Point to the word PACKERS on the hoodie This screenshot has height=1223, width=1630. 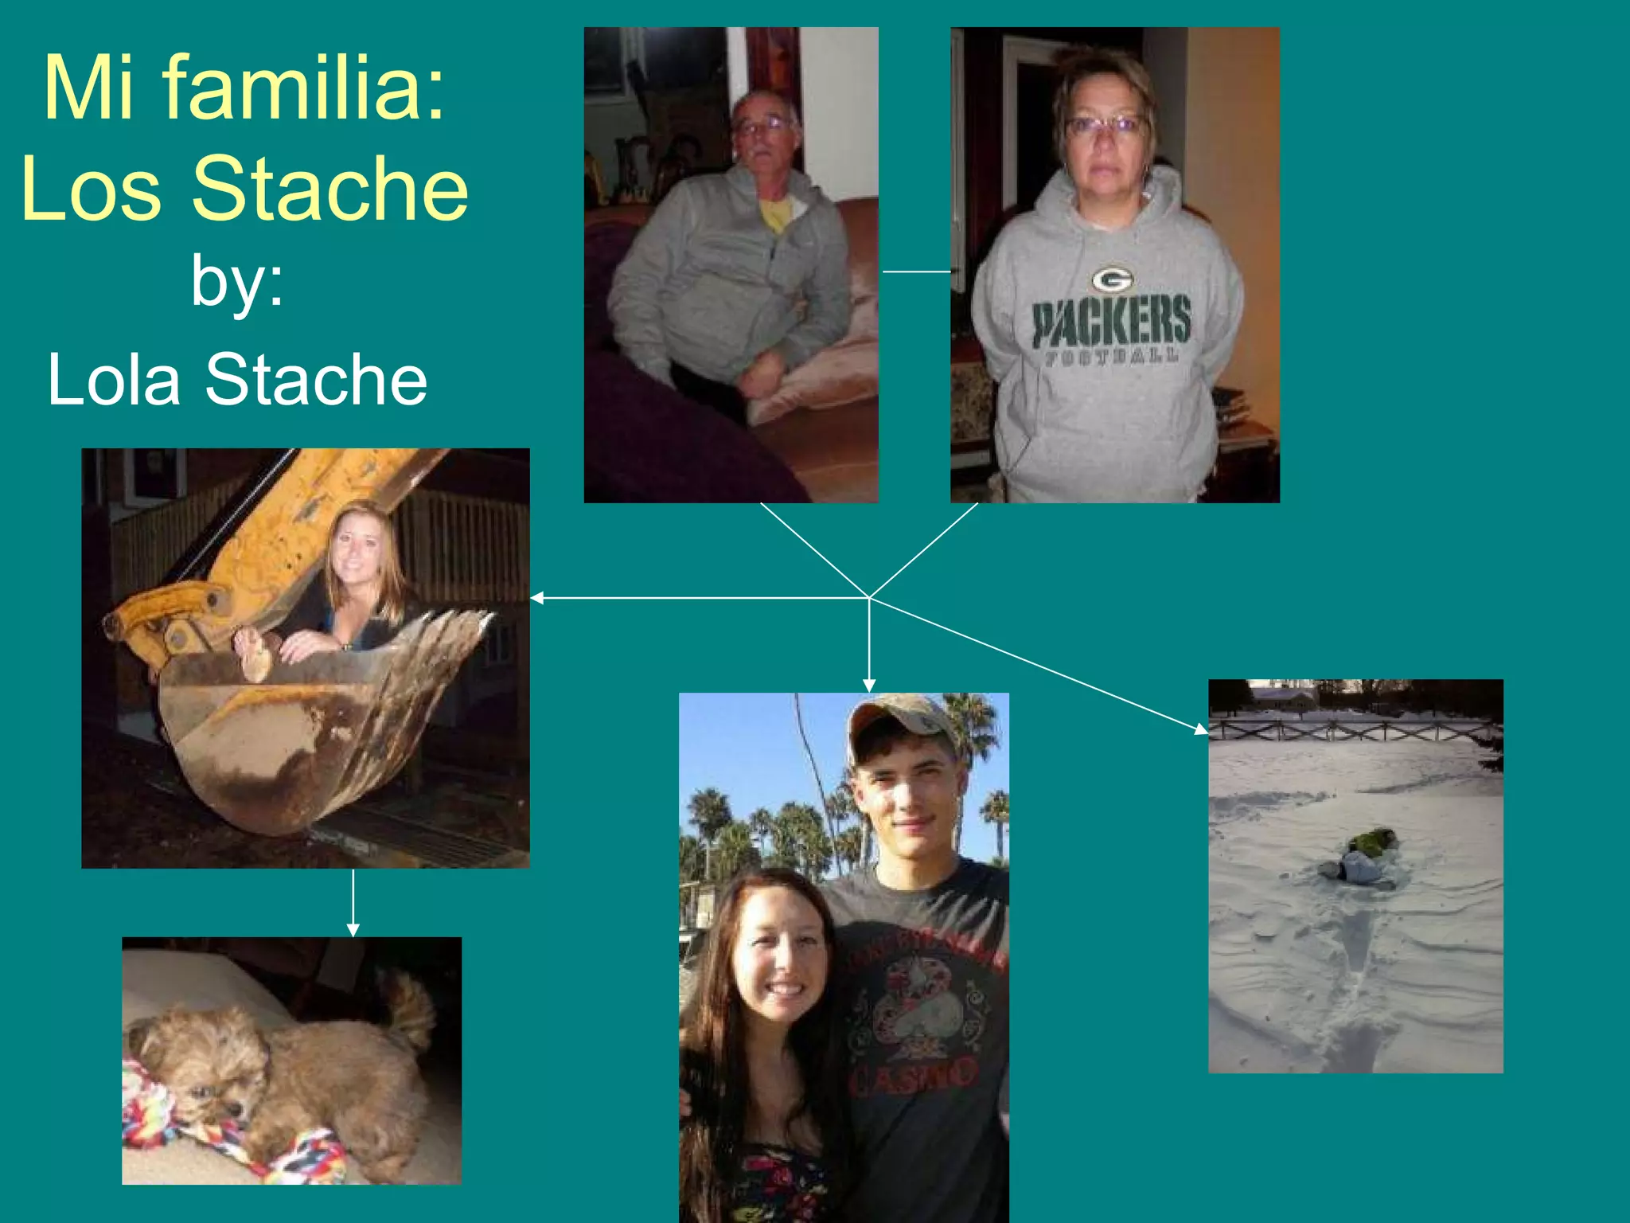click(1112, 319)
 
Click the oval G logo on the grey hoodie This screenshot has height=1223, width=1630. click(1112, 279)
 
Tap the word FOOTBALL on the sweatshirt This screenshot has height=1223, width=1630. click(1111, 356)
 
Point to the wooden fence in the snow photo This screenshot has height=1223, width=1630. click(1353, 729)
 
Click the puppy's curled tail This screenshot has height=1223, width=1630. click(412, 1007)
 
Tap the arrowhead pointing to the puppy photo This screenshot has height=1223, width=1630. click(353, 930)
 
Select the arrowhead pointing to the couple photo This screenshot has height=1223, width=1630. click(869, 686)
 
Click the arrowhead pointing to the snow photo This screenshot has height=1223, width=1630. click(1201, 729)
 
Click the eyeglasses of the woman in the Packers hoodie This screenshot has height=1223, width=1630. click(1106, 125)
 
